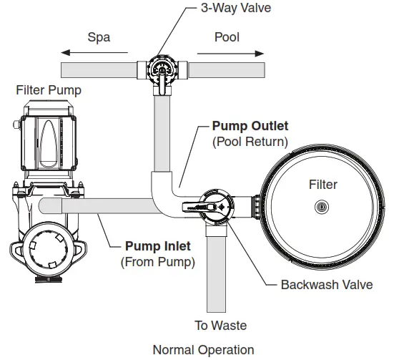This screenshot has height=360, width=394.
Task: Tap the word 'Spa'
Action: [x=99, y=37]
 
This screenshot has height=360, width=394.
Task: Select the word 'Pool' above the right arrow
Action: [x=227, y=37]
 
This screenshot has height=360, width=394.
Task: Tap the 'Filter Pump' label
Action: [x=49, y=90]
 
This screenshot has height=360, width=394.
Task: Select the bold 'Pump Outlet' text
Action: [x=250, y=127]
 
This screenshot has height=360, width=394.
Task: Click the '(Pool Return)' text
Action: [x=250, y=142]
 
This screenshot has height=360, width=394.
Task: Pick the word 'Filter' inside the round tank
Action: [x=322, y=185]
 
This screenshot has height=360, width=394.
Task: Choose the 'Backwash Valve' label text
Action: [x=326, y=284]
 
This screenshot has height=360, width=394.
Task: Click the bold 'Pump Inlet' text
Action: [x=158, y=247]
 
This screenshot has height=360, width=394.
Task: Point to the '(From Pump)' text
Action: [x=157, y=262]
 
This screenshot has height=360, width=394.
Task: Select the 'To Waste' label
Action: [x=220, y=326]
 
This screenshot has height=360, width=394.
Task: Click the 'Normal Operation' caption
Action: [x=203, y=350]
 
